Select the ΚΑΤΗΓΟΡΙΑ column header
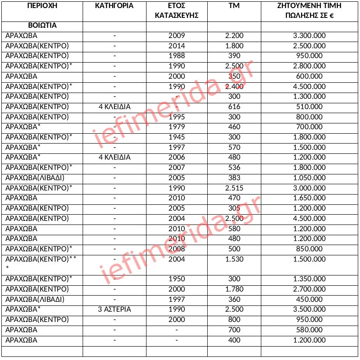[114, 6]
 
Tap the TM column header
[234, 6]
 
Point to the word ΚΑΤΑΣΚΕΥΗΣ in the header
[176, 15]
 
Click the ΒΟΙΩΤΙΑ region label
[31, 25]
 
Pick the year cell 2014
[176, 46]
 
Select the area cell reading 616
[234, 106]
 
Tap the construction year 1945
[176, 137]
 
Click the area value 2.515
[234, 188]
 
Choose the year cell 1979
[176, 127]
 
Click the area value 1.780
[234, 289]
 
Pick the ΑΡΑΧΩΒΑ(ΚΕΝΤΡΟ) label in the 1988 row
[37, 55]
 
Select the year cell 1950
[176, 279]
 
